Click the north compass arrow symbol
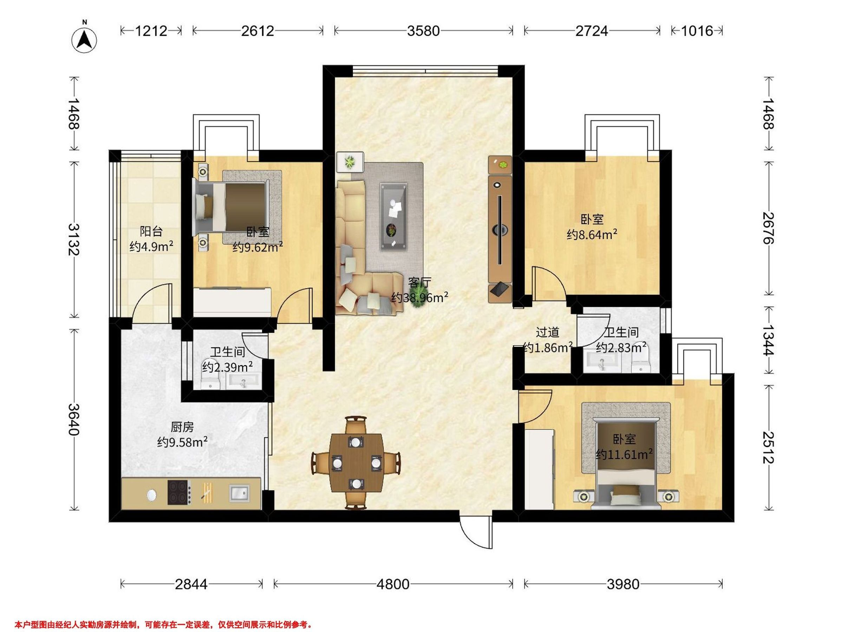[84, 40]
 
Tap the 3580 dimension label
[423, 31]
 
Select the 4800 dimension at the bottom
[393, 584]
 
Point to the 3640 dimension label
[73, 420]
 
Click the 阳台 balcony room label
[151, 231]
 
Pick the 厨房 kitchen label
[182, 427]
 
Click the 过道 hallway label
[547, 332]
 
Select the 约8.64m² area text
[592, 235]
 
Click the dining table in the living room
[356, 463]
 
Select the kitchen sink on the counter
[240, 493]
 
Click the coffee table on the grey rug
[394, 216]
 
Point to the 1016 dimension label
[697, 31]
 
